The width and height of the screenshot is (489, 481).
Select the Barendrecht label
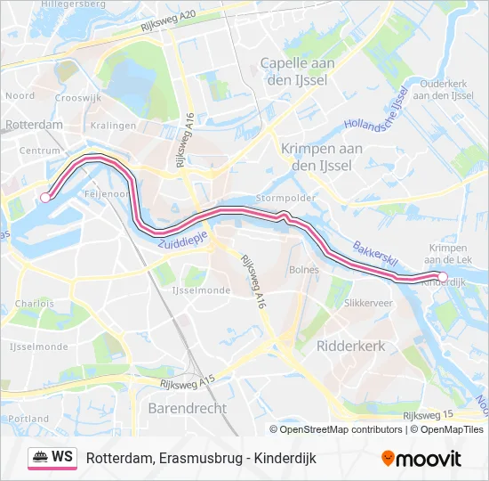pyautogui.click(x=187, y=408)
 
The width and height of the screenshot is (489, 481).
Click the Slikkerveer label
pyautogui.click(x=368, y=303)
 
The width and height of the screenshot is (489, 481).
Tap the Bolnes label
pyautogui.click(x=303, y=268)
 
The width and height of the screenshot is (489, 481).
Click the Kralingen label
pyautogui.click(x=114, y=126)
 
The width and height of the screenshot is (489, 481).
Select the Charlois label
pyautogui.click(x=34, y=303)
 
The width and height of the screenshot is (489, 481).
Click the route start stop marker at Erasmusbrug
pyautogui.click(x=45, y=198)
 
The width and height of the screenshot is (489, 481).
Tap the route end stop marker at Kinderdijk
pyautogui.click(x=443, y=277)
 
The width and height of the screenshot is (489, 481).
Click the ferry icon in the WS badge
pyautogui.click(x=40, y=458)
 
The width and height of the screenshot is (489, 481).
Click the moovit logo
pyautogui.click(x=421, y=459)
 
